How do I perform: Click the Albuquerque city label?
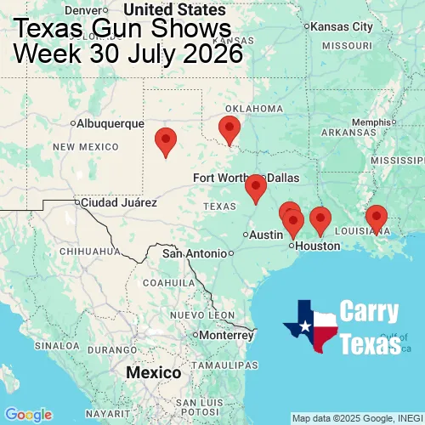click(110, 123)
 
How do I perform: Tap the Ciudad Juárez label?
click(118, 202)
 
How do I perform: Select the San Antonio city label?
click(195, 253)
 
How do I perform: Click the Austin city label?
click(266, 235)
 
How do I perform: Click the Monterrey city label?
click(227, 335)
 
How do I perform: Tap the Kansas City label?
click(342, 26)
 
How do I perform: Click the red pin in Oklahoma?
click(229, 130)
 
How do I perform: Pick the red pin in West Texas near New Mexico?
click(166, 140)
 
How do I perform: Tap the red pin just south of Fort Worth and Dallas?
click(255, 188)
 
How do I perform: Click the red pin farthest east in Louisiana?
click(376, 219)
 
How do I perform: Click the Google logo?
click(28, 414)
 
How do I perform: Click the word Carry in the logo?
click(370, 312)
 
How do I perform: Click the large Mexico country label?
click(153, 373)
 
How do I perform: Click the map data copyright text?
click(357, 418)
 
